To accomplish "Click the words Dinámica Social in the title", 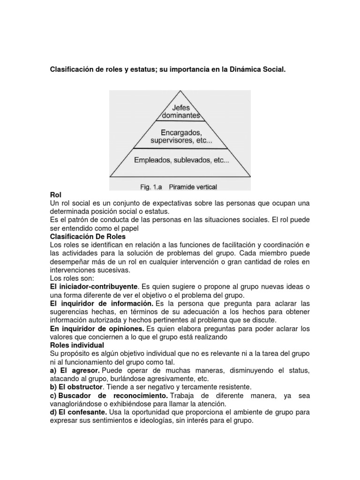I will [257, 70].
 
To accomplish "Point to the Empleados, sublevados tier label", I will [181, 160].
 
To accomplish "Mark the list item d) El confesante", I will [79, 412].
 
